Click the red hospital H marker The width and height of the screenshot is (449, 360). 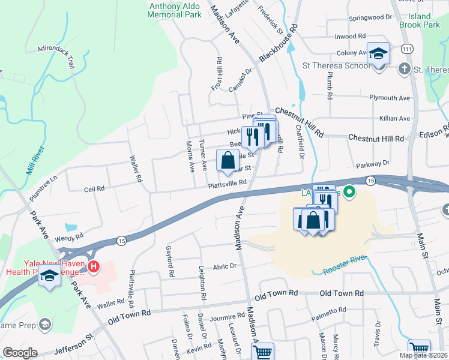click(x=93, y=265)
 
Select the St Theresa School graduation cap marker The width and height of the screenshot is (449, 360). click(x=379, y=54)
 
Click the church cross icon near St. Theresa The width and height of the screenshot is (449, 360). click(x=405, y=69)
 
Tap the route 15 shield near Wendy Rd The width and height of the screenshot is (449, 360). click(x=121, y=240)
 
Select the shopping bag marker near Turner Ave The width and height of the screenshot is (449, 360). click(x=228, y=161)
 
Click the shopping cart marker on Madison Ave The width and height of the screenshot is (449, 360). click(x=262, y=352)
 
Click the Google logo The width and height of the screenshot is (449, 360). click(x=20, y=353)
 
